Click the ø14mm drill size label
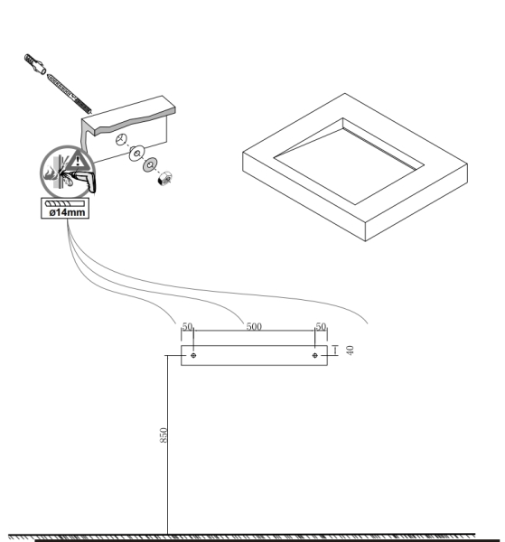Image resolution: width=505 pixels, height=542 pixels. click(67, 212)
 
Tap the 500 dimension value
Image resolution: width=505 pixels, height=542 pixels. click(254, 326)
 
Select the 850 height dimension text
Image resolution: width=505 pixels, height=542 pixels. click(164, 435)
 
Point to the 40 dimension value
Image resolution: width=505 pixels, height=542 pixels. click(350, 350)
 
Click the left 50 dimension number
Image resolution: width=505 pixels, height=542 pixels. click(187, 326)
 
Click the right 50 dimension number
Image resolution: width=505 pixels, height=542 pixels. click(321, 326)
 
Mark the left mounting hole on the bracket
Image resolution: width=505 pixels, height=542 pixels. click(193, 355)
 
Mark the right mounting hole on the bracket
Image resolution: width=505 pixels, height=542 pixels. click(315, 355)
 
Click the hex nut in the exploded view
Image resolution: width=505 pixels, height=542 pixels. click(164, 178)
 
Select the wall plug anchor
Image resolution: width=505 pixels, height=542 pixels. click(35, 64)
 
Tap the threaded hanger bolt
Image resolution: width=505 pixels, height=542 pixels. click(70, 93)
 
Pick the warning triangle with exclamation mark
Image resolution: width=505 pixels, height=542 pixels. click(78, 160)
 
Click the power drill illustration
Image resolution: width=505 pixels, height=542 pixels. click(81, 180)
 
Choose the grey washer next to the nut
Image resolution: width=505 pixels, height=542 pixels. click(150, 165)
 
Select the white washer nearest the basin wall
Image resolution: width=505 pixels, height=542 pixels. click(137, 153)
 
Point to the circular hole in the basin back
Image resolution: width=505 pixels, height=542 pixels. click(121, 139)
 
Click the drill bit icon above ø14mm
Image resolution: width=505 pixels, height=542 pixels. click(65, 203)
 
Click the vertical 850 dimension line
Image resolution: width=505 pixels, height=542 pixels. click(168, 444)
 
